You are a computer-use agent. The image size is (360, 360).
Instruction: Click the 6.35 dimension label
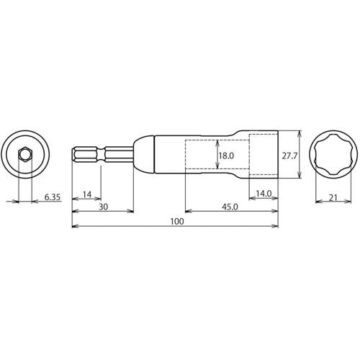(x=53, y=197)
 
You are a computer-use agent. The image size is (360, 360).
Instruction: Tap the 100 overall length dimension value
(x=177, y=221)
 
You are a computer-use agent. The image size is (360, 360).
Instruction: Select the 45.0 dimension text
(x=230, y=207)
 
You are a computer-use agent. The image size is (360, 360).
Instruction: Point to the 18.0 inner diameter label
(x=226, y=156)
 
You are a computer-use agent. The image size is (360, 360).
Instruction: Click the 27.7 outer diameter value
(x=289, y=156)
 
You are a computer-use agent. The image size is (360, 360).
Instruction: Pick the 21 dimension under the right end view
(x=333, y=198)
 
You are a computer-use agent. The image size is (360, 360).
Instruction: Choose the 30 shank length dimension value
(x=104, y=207)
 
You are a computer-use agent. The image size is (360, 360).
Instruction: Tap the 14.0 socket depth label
(x=264, y=194)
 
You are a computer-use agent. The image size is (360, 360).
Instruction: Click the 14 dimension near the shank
(x=87, y=194)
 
